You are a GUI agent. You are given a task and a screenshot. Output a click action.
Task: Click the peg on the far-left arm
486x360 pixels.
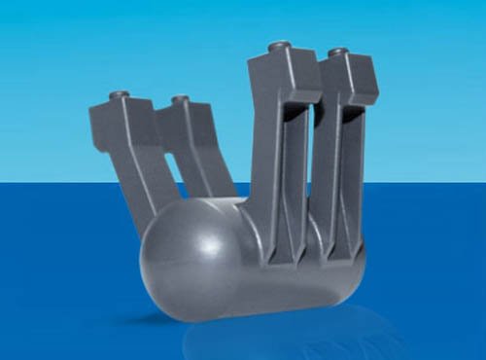(x=120, y=94)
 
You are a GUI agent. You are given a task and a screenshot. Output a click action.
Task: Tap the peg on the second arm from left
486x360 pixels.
(x=180, y=99)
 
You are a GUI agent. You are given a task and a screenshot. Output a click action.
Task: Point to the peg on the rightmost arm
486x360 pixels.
(x=337, y=52)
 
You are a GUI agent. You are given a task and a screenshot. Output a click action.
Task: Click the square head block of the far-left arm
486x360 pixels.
(x=119, y=119)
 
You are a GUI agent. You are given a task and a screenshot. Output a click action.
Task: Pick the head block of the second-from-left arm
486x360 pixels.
(x=185, y=122)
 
